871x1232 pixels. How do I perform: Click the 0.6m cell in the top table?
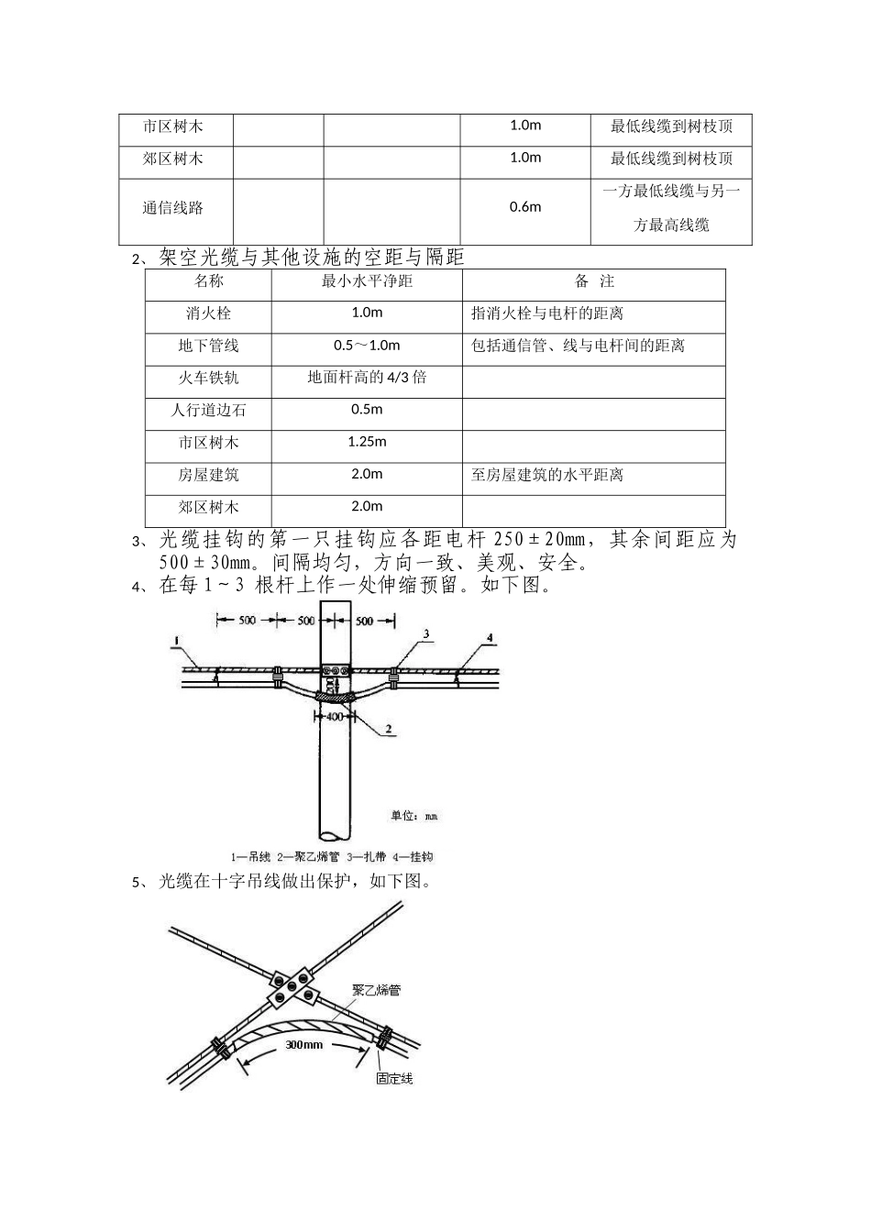pos(525,207)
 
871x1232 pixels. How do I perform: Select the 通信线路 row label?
pos(173,208)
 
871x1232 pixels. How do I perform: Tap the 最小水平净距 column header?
pos(367,281)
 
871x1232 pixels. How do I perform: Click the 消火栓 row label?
pos(208,313)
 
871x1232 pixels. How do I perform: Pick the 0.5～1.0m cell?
pos(367,346)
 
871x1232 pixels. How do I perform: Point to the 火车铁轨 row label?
pos(208,378)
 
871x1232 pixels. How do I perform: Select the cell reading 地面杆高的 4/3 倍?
pos(367,378)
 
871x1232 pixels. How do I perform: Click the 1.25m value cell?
pos(367,442)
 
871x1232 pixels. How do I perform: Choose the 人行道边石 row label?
pos(208,410)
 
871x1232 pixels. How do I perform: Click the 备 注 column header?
pos(594,281)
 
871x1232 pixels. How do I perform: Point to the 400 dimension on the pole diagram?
pos(335,716)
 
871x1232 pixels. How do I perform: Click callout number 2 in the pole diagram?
pos(389,730)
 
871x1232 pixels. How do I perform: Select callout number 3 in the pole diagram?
pos(426,633)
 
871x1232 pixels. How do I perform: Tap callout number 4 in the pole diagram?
pos(490,637)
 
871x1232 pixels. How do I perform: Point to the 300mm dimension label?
pos(303,1044)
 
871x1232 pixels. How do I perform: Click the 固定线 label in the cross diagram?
pos(394,1079)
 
